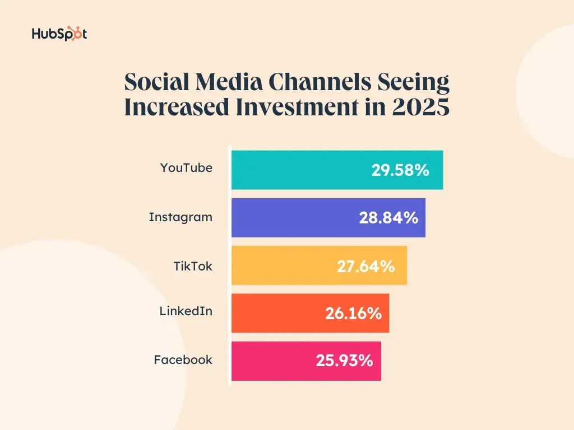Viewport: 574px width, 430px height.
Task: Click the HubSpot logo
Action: click(x=59, y=34)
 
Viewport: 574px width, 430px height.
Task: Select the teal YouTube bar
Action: click(x=297, y=170)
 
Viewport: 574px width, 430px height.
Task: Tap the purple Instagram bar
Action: click(x=291, y=217)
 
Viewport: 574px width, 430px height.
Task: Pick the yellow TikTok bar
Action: click(x=280, y=265)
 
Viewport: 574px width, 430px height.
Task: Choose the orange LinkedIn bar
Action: click(x=275, y=313)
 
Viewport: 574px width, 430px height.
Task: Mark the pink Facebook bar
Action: click(x=269, y=361)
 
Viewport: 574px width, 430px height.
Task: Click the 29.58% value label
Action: click(x=400, y=170)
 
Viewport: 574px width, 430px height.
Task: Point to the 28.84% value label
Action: click(x=388, y=218)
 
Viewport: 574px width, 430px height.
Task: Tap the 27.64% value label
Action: click(x=365, y=266)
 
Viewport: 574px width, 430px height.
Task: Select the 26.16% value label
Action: click(x=353, y=314)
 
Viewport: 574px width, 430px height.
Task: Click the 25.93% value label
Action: click(x=344, y=361)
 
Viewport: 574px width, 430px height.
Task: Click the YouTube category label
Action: click(x=186, y=167)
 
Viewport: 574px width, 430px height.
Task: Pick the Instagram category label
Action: click(x=180, y=217)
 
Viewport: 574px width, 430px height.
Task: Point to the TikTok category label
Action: click(x=193, y=266)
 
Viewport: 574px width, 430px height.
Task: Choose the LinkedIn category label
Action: click(x=186, y=311)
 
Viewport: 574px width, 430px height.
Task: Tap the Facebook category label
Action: click(x=183, y=359)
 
